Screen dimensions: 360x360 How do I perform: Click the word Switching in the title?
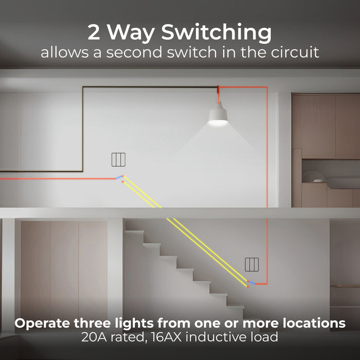pyautogui.click(x=217, y=33)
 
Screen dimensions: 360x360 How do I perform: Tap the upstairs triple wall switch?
pyautogui.click(x=119, y=160)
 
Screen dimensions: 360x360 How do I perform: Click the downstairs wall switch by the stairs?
pyautogui.click(x=251, y=264)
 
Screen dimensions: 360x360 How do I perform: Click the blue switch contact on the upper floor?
pyautogui.click(x=119, y=177)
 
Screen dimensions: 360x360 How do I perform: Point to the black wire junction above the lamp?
pyautogui.click(x=218, y=88)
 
